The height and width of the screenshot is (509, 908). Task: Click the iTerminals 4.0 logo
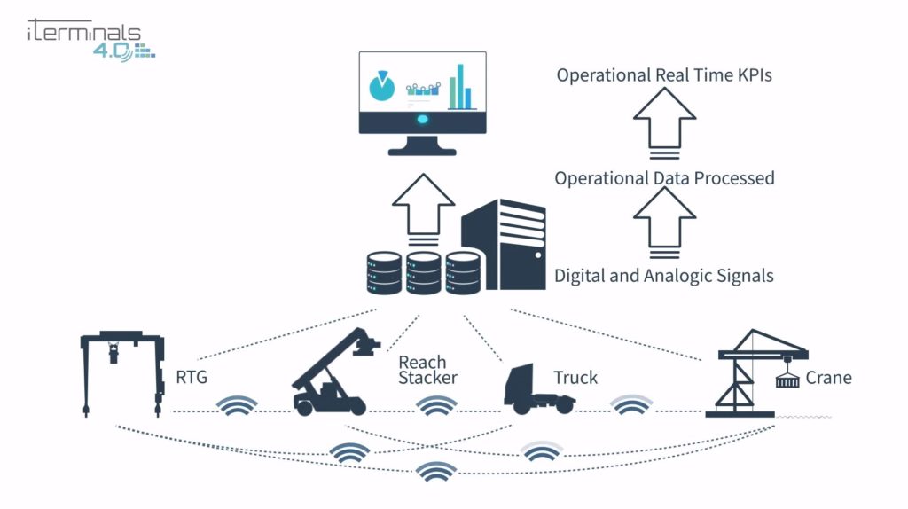point(89,37)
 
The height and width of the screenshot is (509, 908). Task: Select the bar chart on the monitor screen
point(458,87)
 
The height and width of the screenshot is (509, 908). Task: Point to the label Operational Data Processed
point(664,178)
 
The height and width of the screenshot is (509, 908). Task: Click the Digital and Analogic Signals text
point(663,276)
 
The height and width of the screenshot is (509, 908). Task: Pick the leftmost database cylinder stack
point(382,273)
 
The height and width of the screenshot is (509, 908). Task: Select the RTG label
point(192,378)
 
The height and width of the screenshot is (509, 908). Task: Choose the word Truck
point(575,378)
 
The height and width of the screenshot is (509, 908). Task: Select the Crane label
point(829,378)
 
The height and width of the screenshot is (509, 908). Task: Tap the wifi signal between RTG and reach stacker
point(239,406)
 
